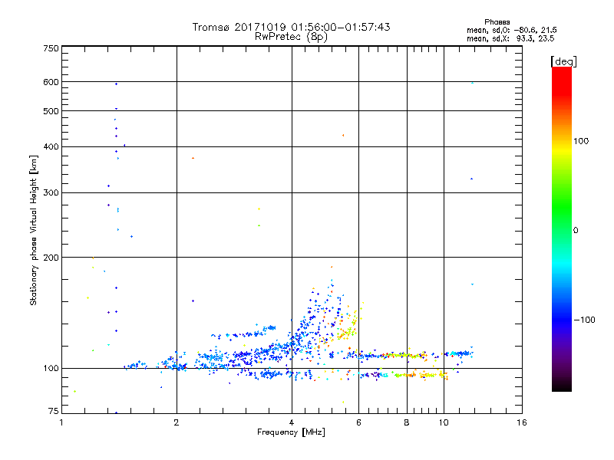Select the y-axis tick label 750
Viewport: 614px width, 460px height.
coord(51,48)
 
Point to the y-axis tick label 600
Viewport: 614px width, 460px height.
coord(51,82)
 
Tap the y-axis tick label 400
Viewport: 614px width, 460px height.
coord(51,146)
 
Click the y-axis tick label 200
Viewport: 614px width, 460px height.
coord(51,258)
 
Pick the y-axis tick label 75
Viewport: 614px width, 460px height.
coord(53,413)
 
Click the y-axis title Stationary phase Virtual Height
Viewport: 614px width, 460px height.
coord(33,230)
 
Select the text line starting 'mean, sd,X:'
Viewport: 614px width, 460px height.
coord(510,38)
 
